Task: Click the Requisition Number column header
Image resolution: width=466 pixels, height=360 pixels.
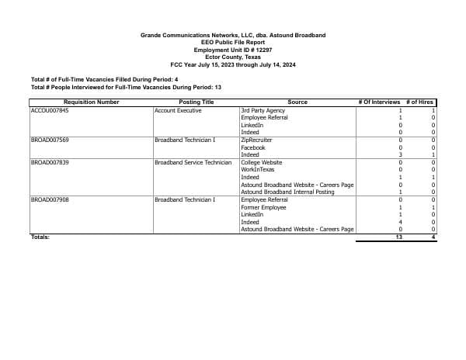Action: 91,102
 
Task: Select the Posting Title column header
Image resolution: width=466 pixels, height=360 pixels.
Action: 196,102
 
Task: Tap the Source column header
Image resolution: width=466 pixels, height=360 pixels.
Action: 297,102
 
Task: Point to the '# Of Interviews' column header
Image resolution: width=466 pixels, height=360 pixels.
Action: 379,102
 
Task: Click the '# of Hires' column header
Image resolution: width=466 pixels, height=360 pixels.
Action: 420,102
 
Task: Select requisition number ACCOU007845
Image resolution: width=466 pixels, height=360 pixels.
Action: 50,111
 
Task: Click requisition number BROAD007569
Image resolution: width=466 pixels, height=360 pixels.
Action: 50,140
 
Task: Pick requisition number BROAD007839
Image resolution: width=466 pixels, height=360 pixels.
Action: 50,162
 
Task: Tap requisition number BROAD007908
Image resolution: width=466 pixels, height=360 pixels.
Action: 50,200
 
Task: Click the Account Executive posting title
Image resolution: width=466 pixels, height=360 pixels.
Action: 178,111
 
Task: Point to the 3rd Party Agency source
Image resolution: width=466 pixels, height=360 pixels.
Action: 263,111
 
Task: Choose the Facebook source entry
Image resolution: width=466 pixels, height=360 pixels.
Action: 253,147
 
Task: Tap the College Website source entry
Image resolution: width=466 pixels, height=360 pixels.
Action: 262,162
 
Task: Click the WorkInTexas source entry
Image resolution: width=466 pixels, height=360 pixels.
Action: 258,169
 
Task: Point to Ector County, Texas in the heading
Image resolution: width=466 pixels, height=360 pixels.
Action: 232,57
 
